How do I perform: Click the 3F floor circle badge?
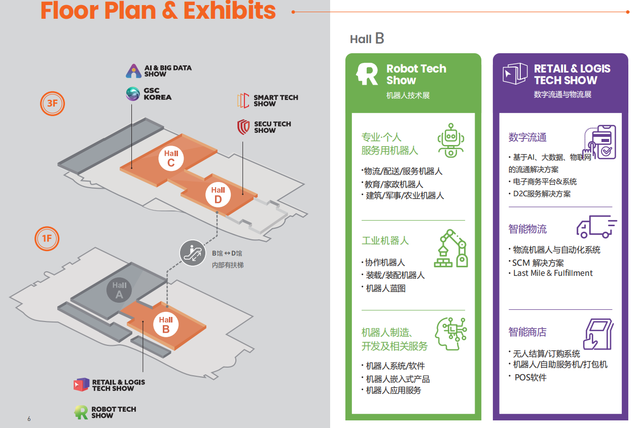click(x=52, y=103)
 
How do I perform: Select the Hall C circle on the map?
click(x=171, y=158)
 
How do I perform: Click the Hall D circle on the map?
click(x=218, y=195)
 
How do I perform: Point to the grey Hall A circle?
click(x=119, y=291)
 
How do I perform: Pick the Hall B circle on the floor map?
click(x=166, y=325)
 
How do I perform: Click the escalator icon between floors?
click(x=193, y=253)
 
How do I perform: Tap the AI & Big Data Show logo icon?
click(x=133, y=71)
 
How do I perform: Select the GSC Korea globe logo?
click(x=133, y=94)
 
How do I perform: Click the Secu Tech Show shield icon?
click(x=243, y=127)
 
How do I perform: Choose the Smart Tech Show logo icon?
click(x=243, y=100)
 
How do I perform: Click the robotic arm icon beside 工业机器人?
click(x=451, y=248)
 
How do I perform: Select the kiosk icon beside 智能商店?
click(x=598, y=334)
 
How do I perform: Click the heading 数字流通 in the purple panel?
click(x=527, y=137)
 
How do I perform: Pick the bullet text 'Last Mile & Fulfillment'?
click(x=553, y=273)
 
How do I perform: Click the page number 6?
click(x=29, y=419)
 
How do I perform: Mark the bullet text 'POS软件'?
click(x=530, y=377)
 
